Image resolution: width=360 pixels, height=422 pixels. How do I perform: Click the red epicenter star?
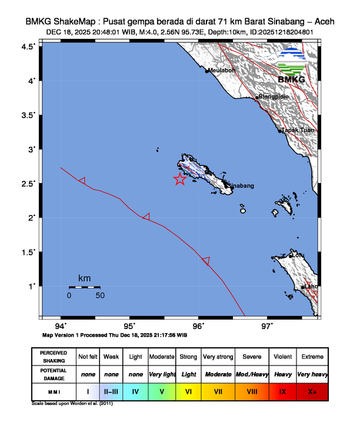coord(180,180)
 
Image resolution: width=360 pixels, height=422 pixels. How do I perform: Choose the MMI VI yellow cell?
coord(188,391)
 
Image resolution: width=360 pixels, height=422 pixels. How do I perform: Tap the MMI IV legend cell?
coord(135,391)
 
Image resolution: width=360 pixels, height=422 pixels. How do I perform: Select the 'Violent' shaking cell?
coord(282,357)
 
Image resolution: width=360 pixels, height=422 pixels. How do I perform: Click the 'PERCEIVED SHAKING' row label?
coord(54,357)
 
